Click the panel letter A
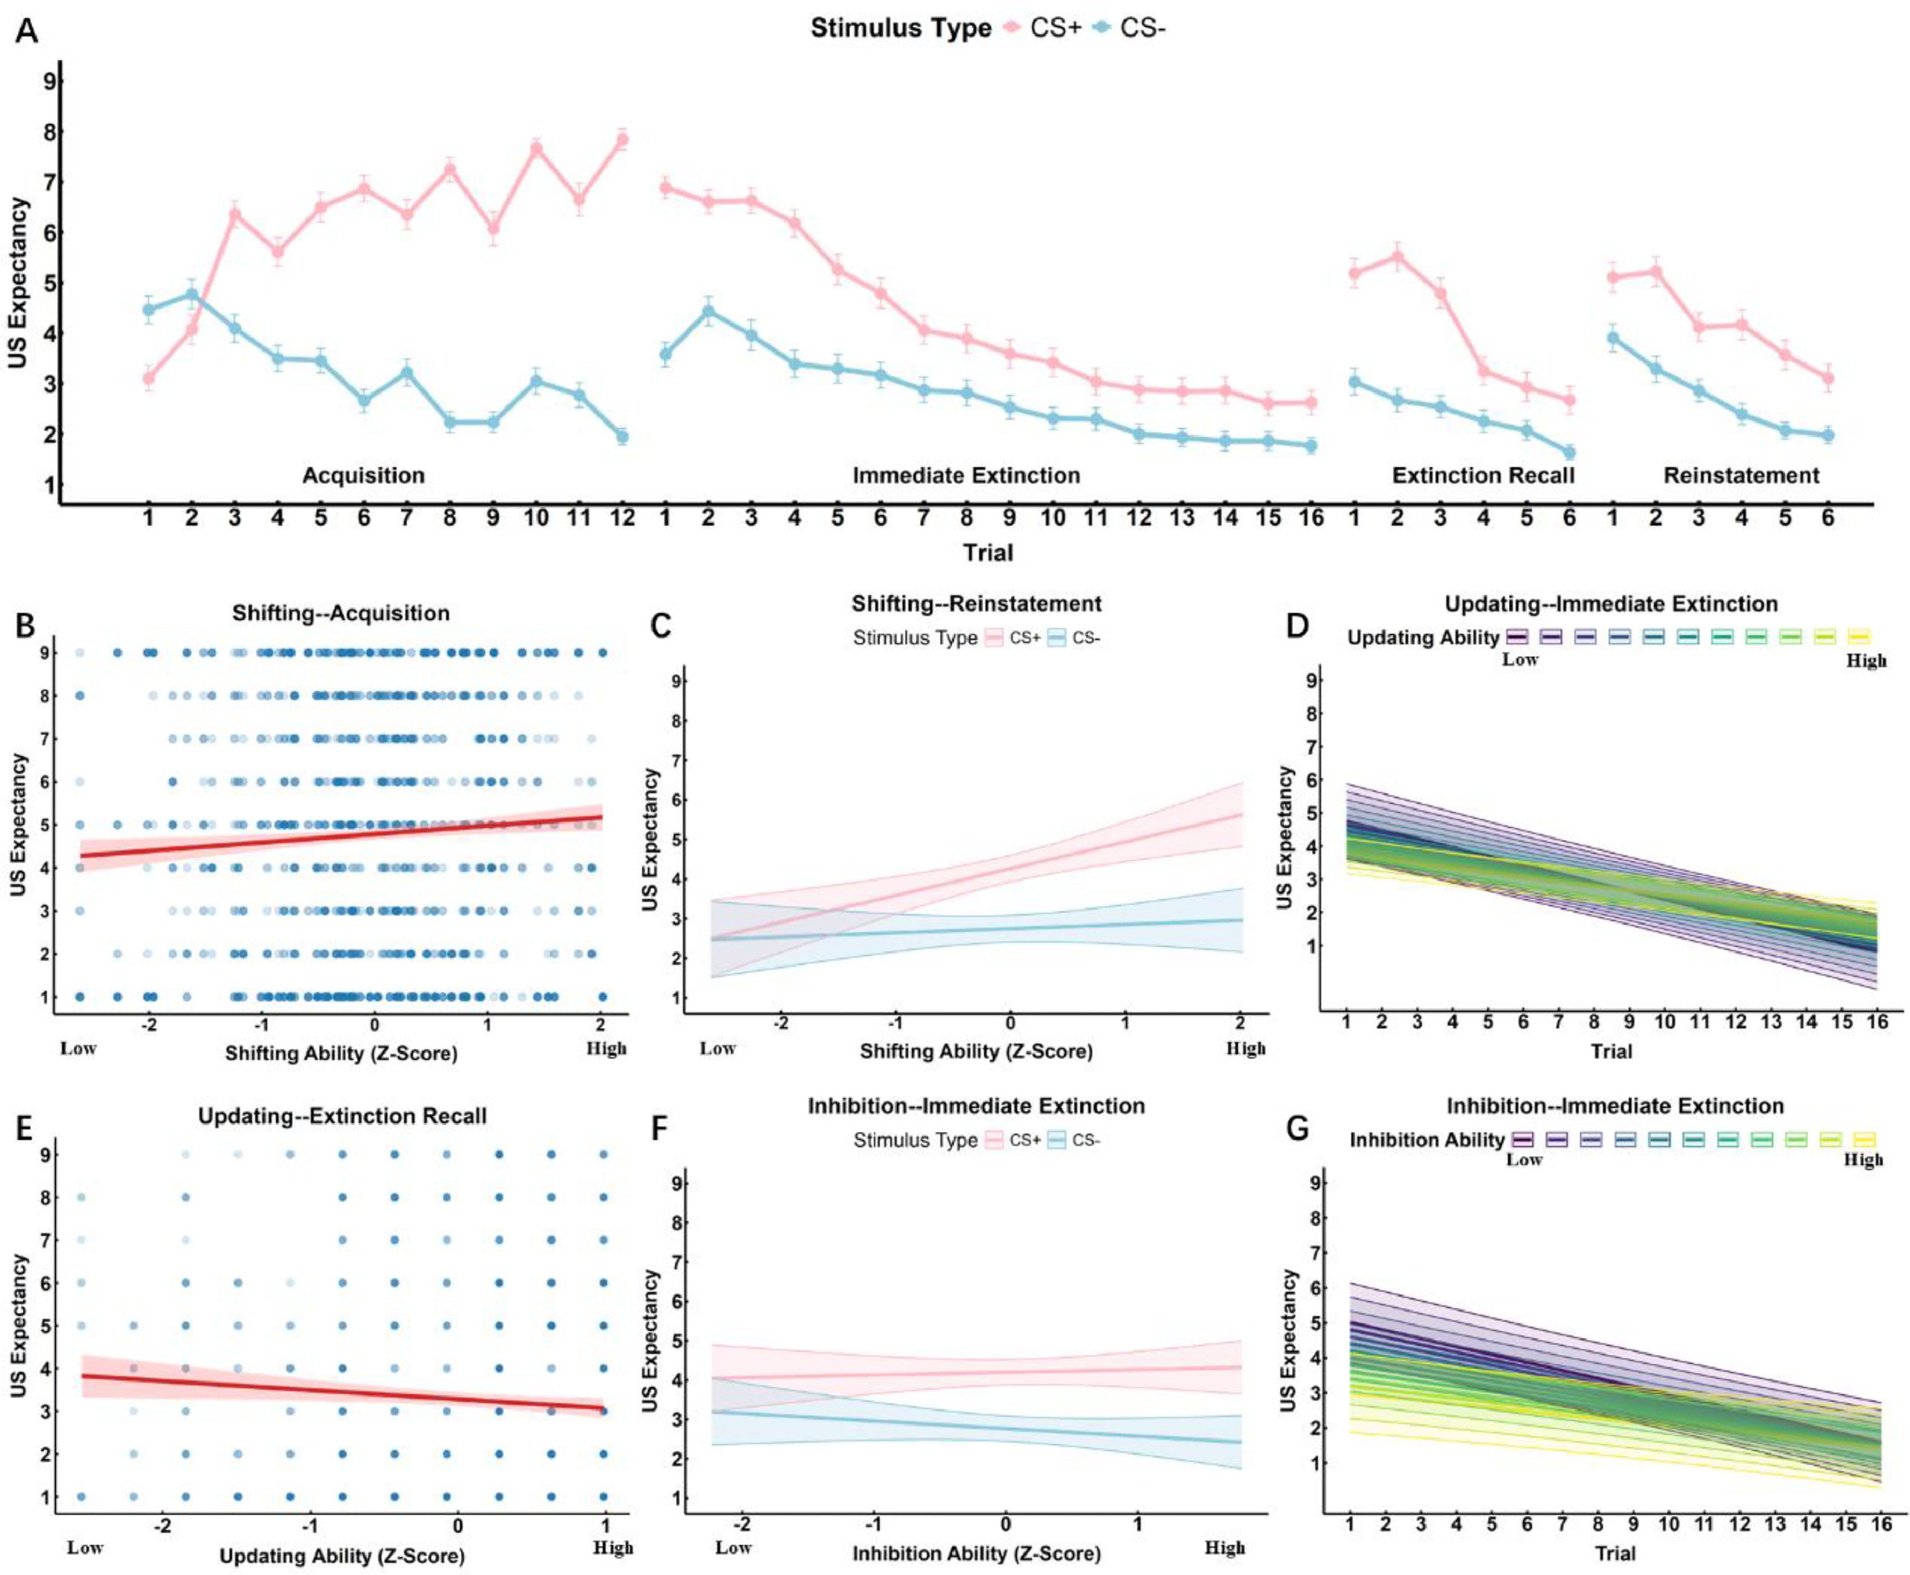point(26,31)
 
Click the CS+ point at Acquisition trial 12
point(622,140)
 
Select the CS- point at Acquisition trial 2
point(191,295)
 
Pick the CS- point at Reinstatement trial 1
point(1613,338)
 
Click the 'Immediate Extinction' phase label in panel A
point(966,475)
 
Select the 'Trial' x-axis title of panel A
point(987,553)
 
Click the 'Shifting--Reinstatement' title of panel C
point(976,604)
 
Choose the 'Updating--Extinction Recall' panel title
point(342,1116)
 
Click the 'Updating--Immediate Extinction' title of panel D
point(1611,604)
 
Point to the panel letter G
point(1298,1130)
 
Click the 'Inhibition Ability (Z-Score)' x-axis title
point(976,1553)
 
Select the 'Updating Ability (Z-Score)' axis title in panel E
point(342,1556)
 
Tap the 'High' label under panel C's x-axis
point(1245,1049)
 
